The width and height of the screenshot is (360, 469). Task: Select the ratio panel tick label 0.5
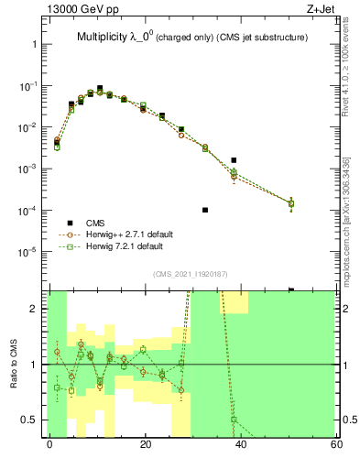tap(29, 420)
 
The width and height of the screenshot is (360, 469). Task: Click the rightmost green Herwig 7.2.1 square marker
tap(291, 203)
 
